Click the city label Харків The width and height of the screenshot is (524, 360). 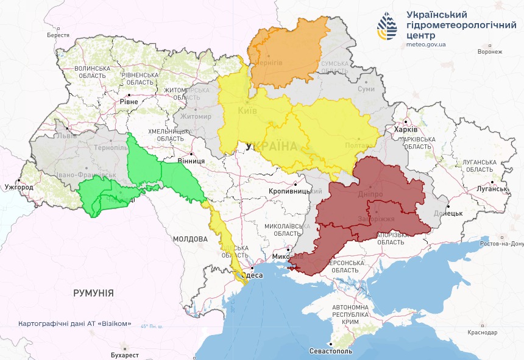(406, 130)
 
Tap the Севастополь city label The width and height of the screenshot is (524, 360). (330, 351)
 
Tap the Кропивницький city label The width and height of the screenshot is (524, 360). (296, 191)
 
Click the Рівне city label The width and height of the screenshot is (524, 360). (129, 102)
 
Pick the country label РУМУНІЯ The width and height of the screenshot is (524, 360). (93, 293)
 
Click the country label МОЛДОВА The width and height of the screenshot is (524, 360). (190, 239)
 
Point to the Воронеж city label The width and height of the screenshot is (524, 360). (490, 52)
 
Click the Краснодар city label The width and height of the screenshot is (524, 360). (483, 333)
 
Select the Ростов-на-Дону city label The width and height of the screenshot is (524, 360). (501, 244)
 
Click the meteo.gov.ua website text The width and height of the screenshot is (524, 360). (426, 44)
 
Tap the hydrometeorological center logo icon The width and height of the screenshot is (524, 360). (388, 27)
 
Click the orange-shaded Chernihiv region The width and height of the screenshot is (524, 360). (286, 52)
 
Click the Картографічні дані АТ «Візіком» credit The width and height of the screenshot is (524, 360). (75, 324)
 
